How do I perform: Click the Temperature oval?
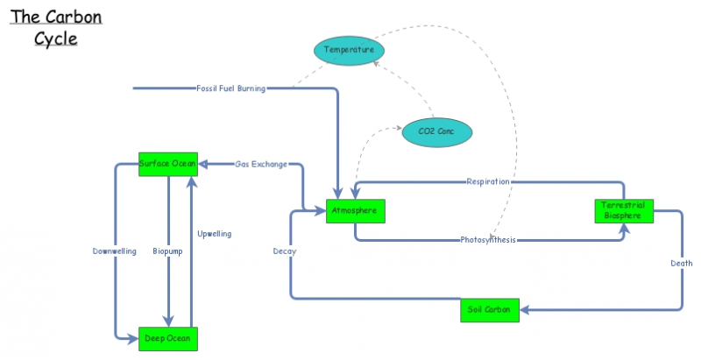349,51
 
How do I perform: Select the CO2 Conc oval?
436,132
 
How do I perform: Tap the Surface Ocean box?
168,165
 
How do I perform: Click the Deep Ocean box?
168,339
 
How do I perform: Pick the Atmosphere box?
356,211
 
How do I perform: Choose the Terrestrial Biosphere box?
624,211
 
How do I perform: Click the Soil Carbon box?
490,310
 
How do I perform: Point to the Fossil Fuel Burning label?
231,88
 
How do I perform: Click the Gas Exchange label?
261,165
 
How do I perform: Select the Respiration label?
488,181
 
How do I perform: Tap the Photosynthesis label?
488,240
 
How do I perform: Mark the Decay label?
285,251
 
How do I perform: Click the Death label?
682,264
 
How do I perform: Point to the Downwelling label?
115,251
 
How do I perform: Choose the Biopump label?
167,251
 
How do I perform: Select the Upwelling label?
215,234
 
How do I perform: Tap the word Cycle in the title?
56,39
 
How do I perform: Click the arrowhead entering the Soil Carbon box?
524,310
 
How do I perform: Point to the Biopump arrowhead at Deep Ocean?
168,321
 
